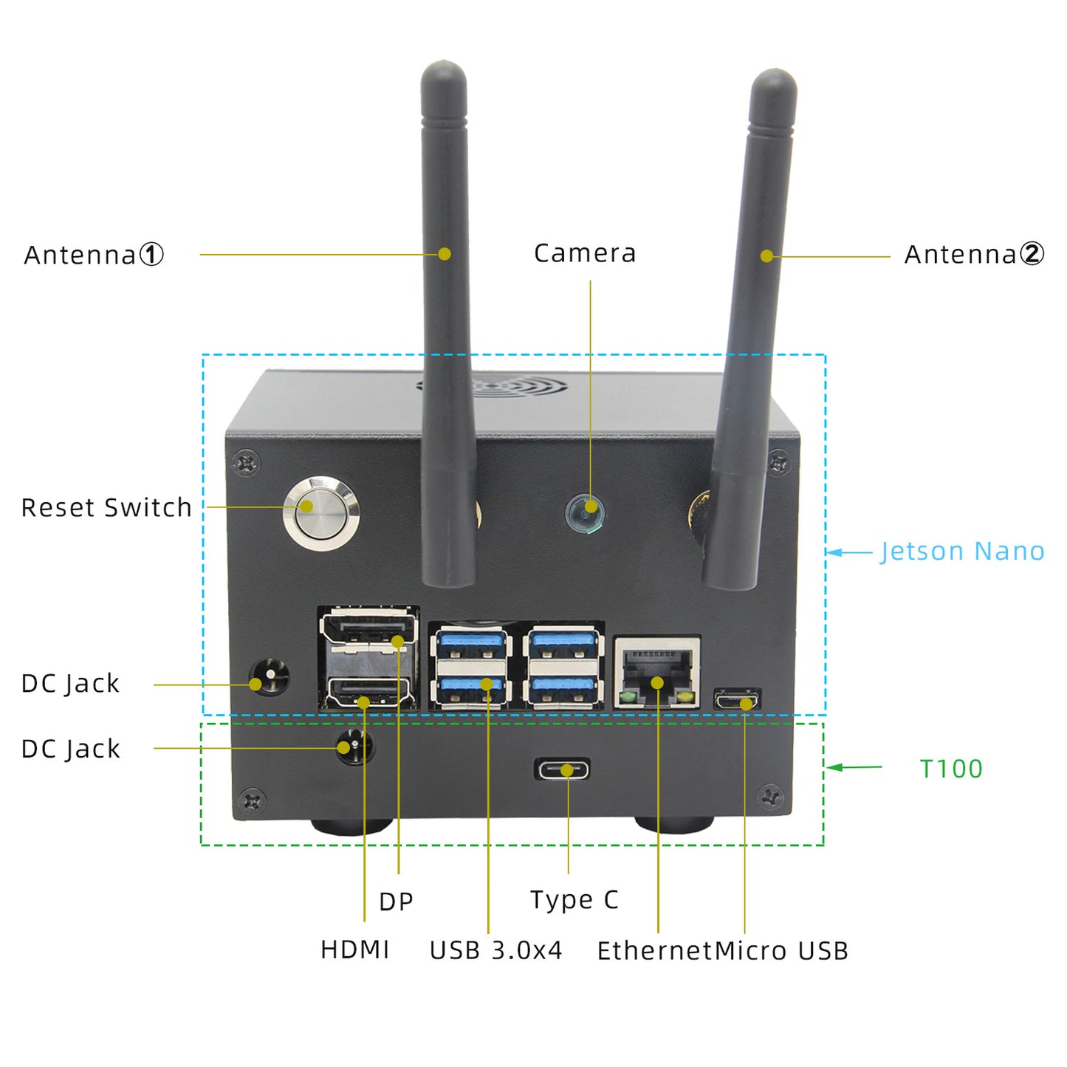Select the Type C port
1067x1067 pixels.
pos(563,770)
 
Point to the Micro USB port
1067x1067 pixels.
pos(737,699)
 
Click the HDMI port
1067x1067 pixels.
pos(367,693)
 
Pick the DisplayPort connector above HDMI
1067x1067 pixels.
pos(368,631)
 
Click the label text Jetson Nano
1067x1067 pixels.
pos(962,552)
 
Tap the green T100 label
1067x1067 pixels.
pos(951,769)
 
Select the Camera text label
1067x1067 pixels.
pos(584,253)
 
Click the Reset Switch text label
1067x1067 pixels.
pos(106,508)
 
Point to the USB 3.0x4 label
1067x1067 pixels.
pos(495,950)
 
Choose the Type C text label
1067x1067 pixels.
pos(574,900)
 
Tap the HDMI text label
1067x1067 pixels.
pos(354,950)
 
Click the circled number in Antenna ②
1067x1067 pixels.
pos(1032,254)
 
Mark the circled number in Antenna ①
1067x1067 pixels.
pos(151,255)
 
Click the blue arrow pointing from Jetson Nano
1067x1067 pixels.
pos(849,552)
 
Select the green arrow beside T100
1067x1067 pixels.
pos(854,768)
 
